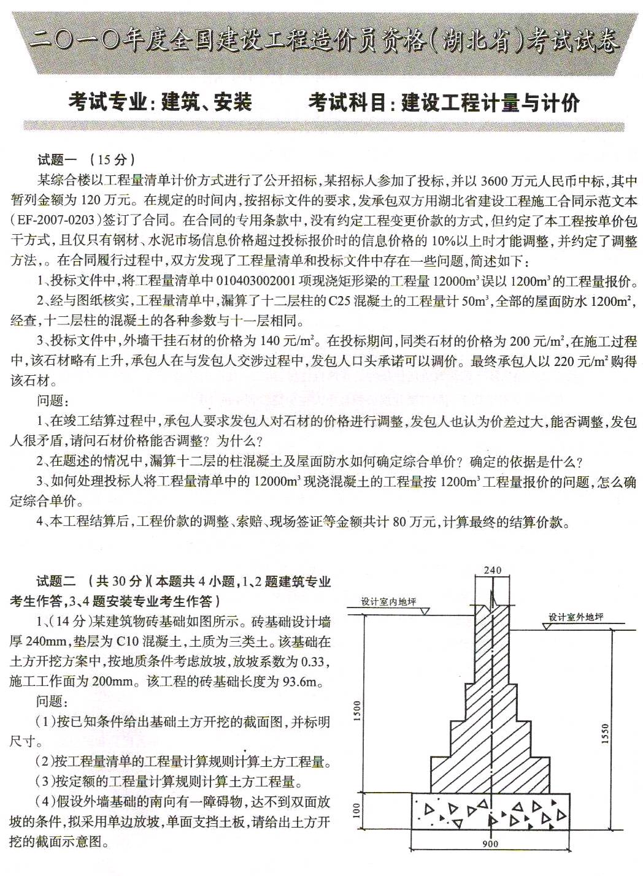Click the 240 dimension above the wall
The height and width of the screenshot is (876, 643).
[492, 570]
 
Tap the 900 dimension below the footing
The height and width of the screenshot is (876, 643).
[490, 844]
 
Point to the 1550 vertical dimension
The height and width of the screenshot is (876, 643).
[606, 734]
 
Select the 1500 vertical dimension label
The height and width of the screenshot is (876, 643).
[357, 711]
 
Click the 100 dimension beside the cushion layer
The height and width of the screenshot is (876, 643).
[357, 810]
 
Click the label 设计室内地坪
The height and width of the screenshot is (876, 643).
[388, 601]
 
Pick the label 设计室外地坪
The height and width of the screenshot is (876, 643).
[576, 617]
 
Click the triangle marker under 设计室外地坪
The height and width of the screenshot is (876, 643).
[547, 627]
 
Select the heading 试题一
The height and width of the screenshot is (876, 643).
[57, 160]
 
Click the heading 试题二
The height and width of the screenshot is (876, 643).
[56, 581]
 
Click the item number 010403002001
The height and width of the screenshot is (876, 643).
[256, 281]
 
